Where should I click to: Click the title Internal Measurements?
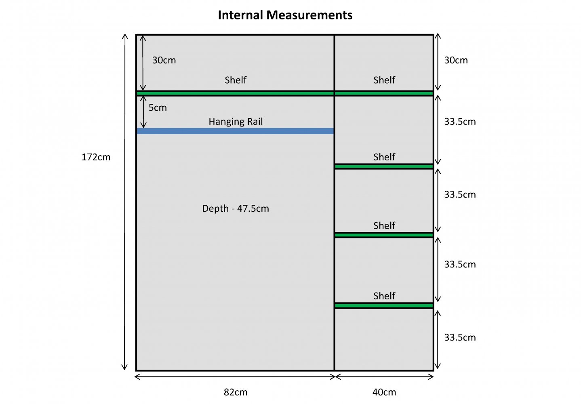coord(285,15)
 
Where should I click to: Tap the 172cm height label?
coord(96,157)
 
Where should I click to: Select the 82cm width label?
coord(236,392)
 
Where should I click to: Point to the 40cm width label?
coord(384,392)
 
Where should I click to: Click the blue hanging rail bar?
coord(235,131)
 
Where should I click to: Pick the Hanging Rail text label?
coord(236,121)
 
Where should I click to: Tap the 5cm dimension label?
coord(158,107)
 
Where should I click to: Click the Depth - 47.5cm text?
coord(236,208)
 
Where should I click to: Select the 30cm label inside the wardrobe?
coord(164,60)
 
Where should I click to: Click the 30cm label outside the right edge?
coord(456,60)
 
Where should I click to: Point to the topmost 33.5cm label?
coord(460,122)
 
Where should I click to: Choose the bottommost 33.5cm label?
coord(460,337)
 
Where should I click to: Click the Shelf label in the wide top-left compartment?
coord(236,80)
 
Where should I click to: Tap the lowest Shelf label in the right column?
coord(384,296)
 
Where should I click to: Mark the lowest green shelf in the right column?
coord(384,306)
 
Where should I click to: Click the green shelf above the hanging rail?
coord(235,93)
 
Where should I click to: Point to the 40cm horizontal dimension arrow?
coord(384,377)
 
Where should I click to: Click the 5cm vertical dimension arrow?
coord(143,112)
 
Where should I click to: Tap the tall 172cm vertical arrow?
coord(125,202)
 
